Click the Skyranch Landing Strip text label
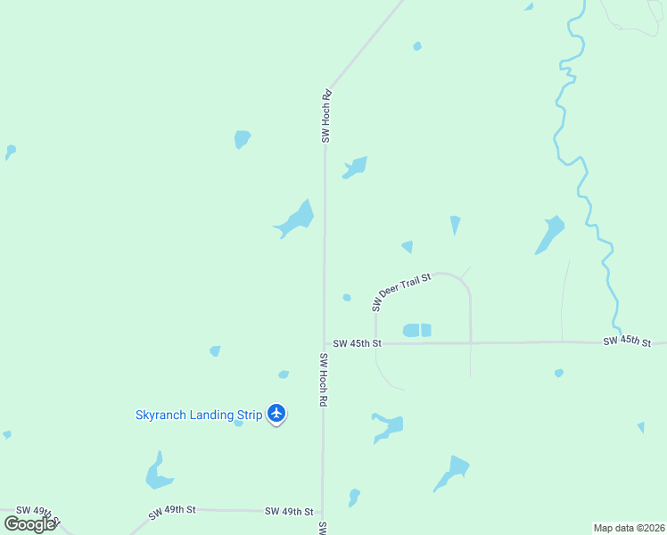point(199,415)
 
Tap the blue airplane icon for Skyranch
point(276,414)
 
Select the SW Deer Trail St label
point(401,292)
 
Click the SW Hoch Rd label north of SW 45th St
point(326,116)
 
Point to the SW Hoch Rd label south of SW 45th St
point(322,379)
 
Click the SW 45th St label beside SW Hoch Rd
point(357,343)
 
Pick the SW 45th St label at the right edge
point(627,342)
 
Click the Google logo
point(29,523)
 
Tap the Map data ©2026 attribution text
point(629,527)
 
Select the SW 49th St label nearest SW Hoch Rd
point(289,512)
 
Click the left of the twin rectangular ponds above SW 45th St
point(411,330)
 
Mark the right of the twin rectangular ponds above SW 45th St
point(426,330)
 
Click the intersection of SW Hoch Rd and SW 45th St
point(324,343)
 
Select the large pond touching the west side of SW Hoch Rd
point(297,219)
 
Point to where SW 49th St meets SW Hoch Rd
point(322,513)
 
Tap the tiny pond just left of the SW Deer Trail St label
point(347,298)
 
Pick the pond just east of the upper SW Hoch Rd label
point(356,167)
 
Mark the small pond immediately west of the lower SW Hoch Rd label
point(284,374)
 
